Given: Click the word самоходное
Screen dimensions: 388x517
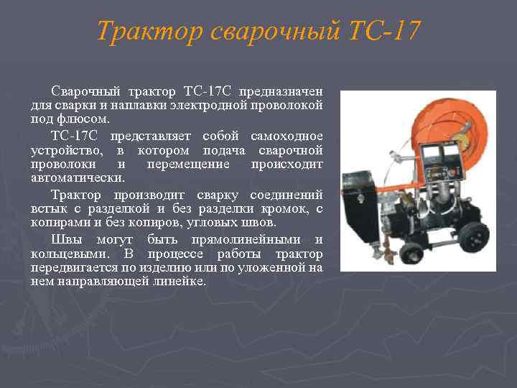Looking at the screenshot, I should (x=287, y=137).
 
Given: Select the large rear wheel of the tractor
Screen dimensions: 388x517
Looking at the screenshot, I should (x=467, y=236).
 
